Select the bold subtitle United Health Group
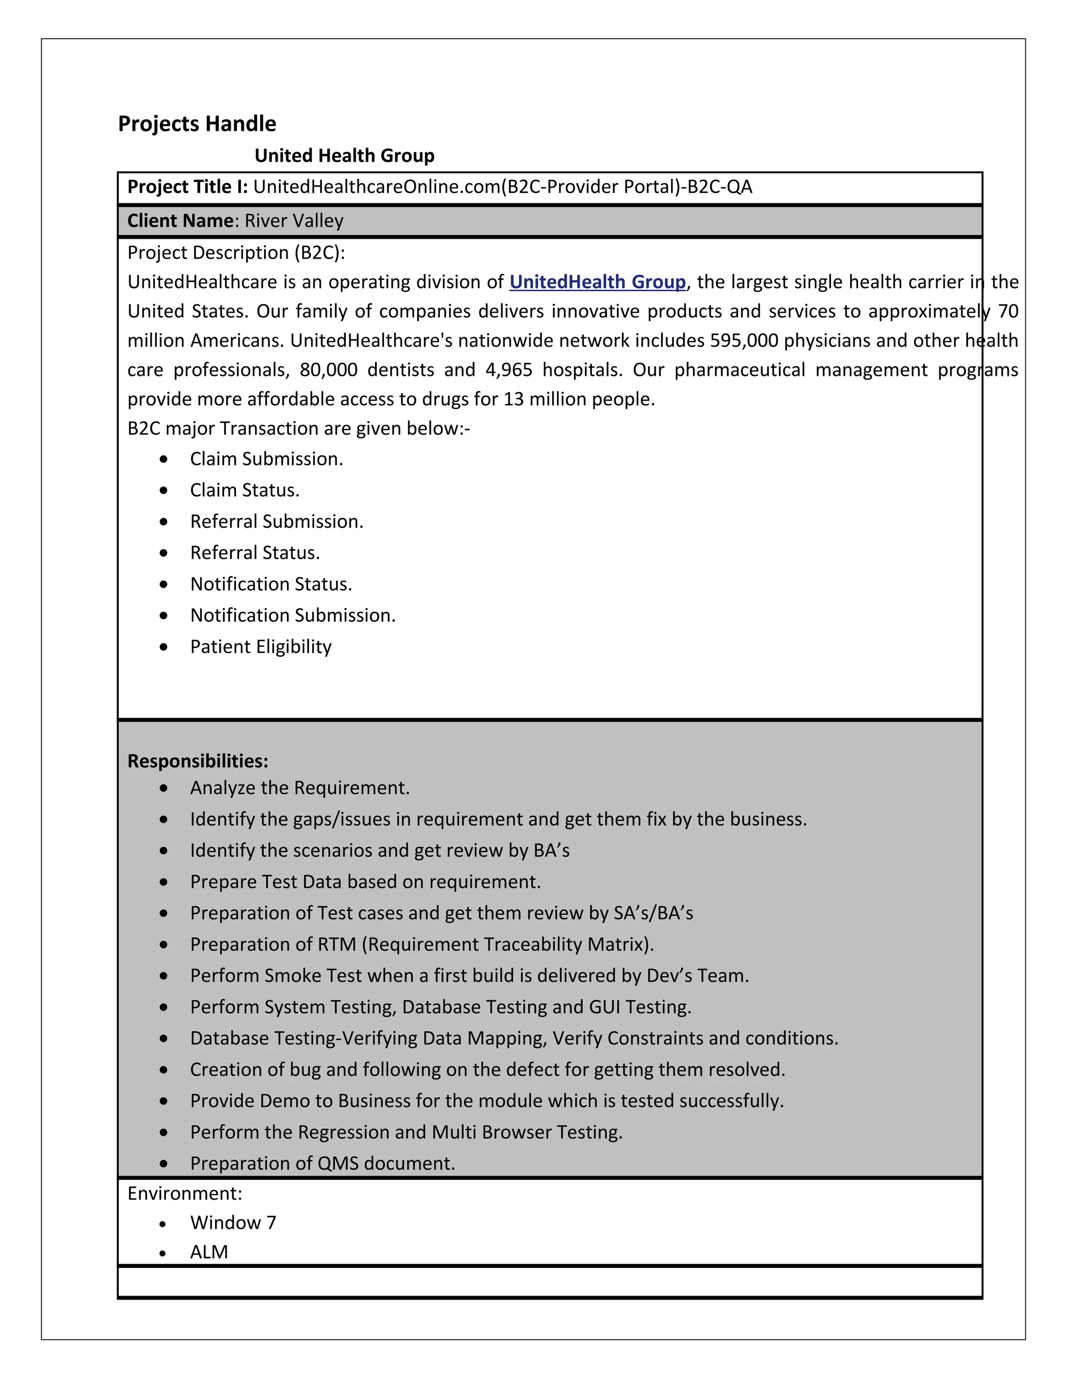[344, 155]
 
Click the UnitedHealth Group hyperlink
[598, 282]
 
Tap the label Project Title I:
[188, 187]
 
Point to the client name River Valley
[294, 220]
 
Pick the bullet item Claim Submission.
[266, 459]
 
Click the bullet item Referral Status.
[255, 552]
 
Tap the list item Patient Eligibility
[260, 647]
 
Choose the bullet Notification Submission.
[293, 615]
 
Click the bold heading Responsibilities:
[198, 761]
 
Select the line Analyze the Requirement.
[300, 788]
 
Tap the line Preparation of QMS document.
[322, 1164]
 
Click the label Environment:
[184, 1193]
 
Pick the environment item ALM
[208, 1252]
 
